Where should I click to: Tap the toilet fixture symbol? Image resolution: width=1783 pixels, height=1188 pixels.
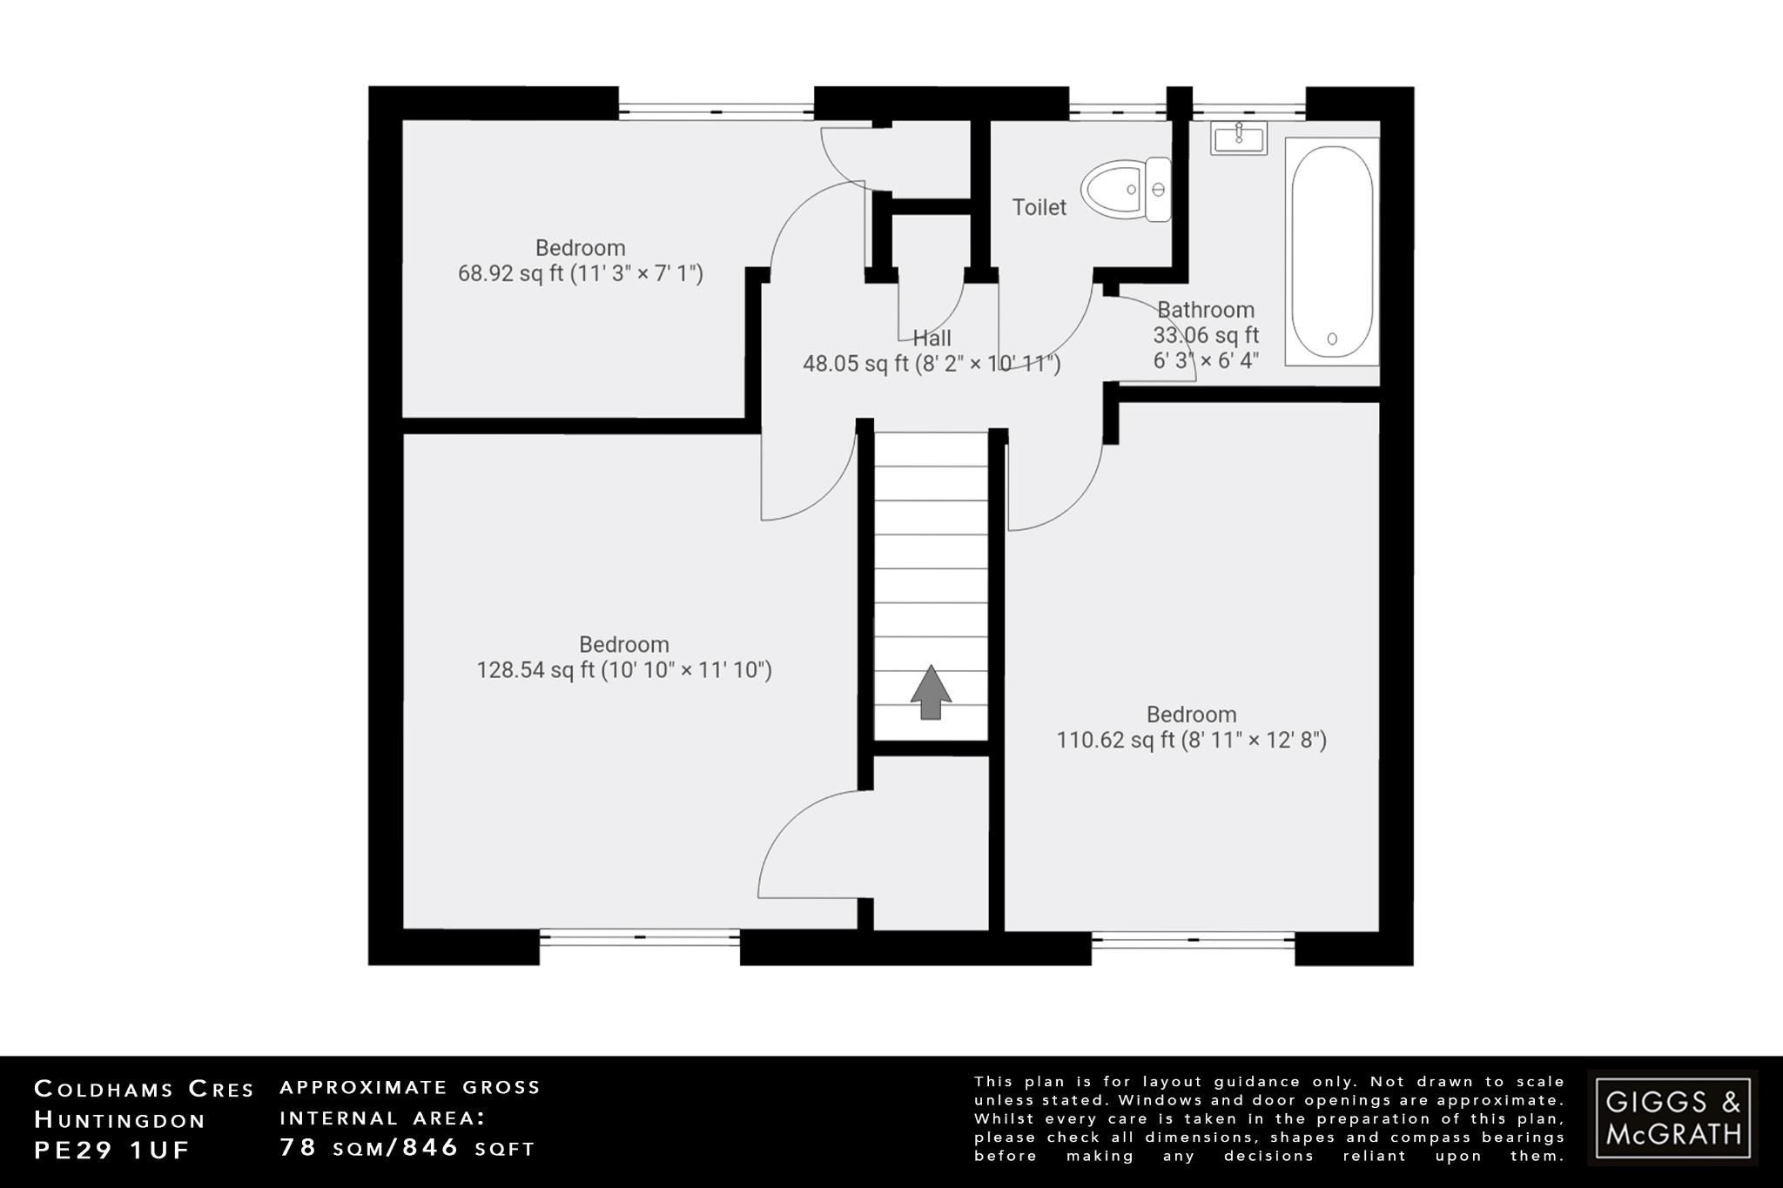point(1127,189)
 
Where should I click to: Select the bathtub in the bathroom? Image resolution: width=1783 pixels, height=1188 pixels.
point(1331,251)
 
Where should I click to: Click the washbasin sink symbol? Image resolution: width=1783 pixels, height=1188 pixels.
point(1238,138)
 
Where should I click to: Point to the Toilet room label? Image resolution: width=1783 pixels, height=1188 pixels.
point(1039,207)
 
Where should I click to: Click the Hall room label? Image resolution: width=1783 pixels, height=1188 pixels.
point(932,338)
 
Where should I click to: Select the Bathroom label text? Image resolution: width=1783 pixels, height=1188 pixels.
point(1205,310)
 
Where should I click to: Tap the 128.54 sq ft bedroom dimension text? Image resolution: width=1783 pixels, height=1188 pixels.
point(623,670)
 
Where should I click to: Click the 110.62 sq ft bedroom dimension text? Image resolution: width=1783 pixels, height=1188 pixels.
point(1191,741)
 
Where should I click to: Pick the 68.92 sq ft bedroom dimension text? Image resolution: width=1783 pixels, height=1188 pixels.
point(580,274)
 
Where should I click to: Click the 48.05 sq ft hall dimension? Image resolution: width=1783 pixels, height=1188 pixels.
point(932,364)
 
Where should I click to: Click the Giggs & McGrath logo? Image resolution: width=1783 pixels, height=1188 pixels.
point(1672,1118)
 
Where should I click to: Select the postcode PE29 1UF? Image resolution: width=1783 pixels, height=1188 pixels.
point(111,1150)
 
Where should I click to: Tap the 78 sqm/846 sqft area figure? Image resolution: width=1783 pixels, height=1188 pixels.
point(407,1148)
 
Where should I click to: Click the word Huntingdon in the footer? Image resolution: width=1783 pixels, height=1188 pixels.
point(120,1119)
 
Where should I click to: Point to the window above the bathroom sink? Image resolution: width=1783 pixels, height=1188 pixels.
point(1248,111)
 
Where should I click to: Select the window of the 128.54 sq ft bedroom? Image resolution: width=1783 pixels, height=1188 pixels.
point(639,937)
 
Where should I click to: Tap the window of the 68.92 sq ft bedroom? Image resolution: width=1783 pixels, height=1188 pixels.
point(716,111)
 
